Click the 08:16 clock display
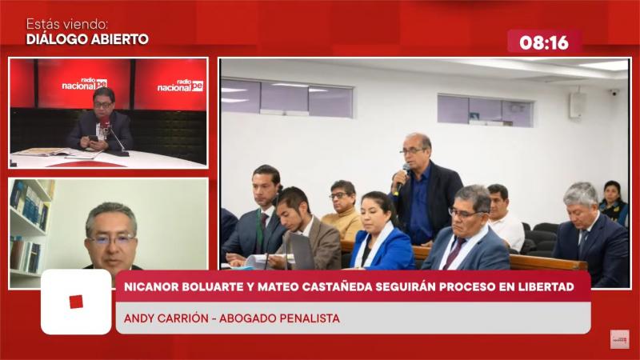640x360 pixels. [544, 42]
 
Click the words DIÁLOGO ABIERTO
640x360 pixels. [87, 39]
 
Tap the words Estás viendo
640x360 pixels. [67, 24]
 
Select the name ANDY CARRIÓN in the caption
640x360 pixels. [166, 318]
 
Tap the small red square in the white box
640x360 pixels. [76, 302]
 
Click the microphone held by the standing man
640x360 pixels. [401, 178]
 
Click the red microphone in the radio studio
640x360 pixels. [106, 123]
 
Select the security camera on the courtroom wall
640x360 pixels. [614, 93]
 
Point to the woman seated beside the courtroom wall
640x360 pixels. [614, 202]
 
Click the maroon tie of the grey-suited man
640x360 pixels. [454, 253]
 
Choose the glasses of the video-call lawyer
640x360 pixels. [111, 239]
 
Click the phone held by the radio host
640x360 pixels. [94, 138]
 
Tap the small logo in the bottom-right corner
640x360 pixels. [619, 339]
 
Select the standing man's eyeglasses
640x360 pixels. [412, 151]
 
